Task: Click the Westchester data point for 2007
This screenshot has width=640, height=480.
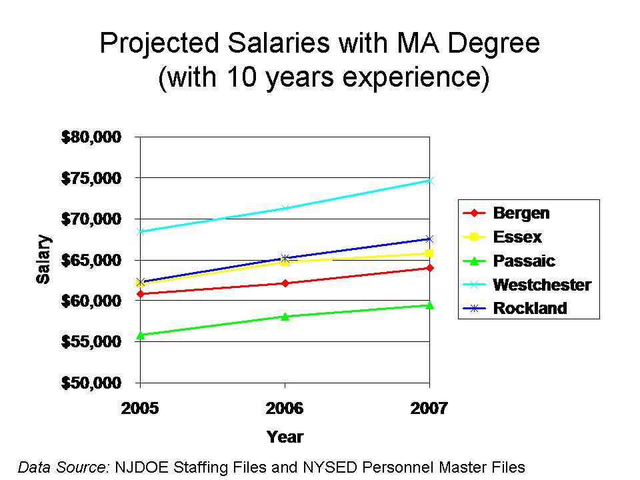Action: (430, 180)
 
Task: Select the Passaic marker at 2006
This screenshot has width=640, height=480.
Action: (285, 316)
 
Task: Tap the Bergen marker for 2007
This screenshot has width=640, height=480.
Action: (430, 268)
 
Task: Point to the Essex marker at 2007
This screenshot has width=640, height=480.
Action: (430, 253)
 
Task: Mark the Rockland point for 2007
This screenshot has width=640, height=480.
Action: (430, 239)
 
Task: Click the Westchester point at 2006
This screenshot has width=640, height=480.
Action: (285, 208)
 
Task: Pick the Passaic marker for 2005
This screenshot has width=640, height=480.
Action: (141, 335)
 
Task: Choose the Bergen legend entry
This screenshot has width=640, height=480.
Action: (521, 213)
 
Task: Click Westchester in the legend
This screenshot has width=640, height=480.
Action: (541, 285)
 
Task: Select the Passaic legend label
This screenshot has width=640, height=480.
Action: (523, 261)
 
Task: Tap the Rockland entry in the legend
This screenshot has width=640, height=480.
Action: (529, 308)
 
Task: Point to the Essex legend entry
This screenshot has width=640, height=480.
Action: (517, 237)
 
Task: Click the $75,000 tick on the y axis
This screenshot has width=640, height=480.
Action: (91, 178)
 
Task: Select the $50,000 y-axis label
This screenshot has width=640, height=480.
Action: (91, 383)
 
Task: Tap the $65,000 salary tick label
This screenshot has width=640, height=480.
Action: (91, 260)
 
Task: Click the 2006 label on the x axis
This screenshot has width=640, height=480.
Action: (285, 408)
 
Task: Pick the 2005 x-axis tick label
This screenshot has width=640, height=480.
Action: (140, 408)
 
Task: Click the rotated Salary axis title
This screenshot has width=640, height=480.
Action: (43, 259)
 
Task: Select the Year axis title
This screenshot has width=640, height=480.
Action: (285, 437)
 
